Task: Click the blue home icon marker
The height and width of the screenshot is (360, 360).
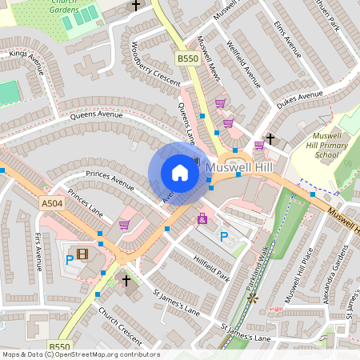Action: [180, 172]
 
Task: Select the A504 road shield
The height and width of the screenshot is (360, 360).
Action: [50, 205]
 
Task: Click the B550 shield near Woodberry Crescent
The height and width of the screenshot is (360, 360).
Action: [187, 58]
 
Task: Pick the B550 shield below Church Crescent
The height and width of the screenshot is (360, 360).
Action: [58, 346]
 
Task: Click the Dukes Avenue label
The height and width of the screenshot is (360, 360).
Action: [299, 99]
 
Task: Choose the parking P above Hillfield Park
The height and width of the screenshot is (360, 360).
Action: [224, 236]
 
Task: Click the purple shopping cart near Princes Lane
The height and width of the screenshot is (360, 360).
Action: [124, 225]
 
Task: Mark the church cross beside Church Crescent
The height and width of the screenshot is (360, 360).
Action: [126, 280]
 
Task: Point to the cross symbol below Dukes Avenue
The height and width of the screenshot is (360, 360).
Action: [270, 138]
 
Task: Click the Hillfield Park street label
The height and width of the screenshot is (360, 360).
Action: [212, 267]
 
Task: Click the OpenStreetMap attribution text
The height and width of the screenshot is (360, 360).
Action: [80, 354]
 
